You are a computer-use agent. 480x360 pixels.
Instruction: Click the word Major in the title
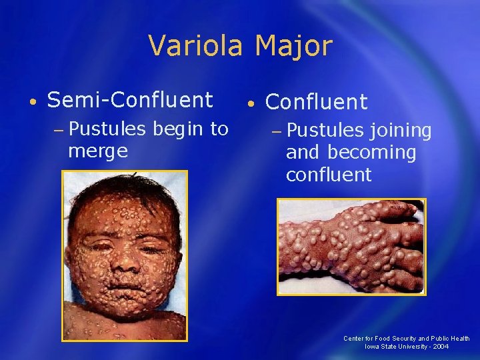(x=293, y=46)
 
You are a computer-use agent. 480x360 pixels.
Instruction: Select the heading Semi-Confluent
(x=130, y=100)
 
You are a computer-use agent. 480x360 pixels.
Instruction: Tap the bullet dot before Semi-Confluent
(x=33, y=102)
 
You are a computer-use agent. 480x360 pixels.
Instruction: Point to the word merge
(x=97, y=151)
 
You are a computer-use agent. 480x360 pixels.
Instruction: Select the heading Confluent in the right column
(x=317, y=102)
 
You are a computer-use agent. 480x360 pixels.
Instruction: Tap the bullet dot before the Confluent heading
(x=249, y=104)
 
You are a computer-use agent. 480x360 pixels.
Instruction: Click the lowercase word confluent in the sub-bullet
(x=329, y=175)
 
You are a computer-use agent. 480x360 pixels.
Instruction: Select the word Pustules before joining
(x=326, y=130)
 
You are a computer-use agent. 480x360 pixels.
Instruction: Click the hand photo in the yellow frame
(x=351, y=247)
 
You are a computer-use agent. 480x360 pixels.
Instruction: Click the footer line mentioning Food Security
(x=406, y=338)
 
